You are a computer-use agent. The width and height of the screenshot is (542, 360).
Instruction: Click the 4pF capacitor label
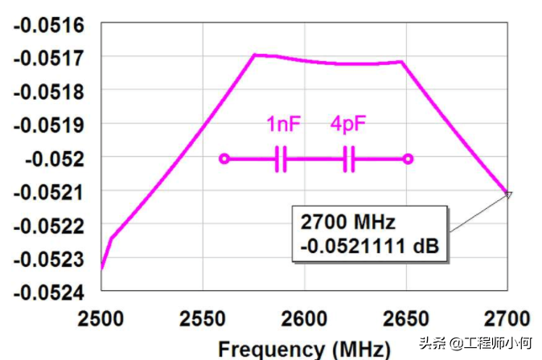coord(348,125)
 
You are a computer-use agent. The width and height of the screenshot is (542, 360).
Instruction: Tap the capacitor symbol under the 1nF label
coord(281,159)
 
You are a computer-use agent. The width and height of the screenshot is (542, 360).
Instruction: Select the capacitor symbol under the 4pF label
coord(349,159)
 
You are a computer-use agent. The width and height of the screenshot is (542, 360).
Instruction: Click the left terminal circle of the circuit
coord(224,159)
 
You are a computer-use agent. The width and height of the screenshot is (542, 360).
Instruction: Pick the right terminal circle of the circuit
coord(409,159)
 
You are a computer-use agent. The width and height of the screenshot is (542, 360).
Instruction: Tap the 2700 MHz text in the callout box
coord(348,221)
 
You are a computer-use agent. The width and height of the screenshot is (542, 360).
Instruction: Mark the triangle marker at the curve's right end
coord(507,194)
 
